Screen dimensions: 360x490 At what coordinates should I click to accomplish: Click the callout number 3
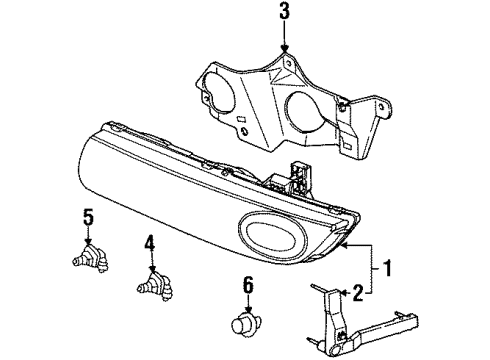(x=285, y=13)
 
